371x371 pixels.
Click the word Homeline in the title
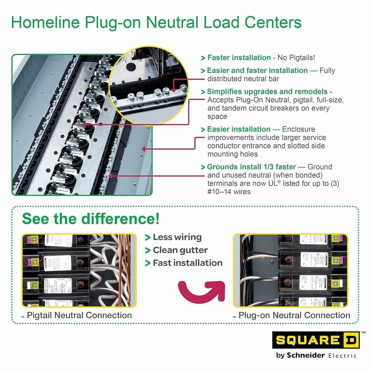pos(45,22)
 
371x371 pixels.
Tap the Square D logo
pos(316,340)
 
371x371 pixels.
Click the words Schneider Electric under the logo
pos(322,355)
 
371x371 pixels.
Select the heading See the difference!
pos(91,219)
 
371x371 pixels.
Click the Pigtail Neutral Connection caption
pos(79,315)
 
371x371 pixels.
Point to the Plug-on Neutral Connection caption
pos(294,315)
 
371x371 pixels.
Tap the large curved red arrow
pos(202,291)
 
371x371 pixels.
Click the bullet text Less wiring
pos(177,237)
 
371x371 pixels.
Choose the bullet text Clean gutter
pos(180,250)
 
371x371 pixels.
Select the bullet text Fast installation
pos(187,263)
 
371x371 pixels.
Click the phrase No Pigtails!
pos(296,58)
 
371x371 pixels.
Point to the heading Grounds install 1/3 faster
pos(251,167)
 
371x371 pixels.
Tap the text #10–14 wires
pos(229,192)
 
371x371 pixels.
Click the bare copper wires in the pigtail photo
pos(126,270)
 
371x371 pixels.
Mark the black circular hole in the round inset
pos(131,67)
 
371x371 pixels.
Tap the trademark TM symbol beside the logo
pos(363,333)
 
